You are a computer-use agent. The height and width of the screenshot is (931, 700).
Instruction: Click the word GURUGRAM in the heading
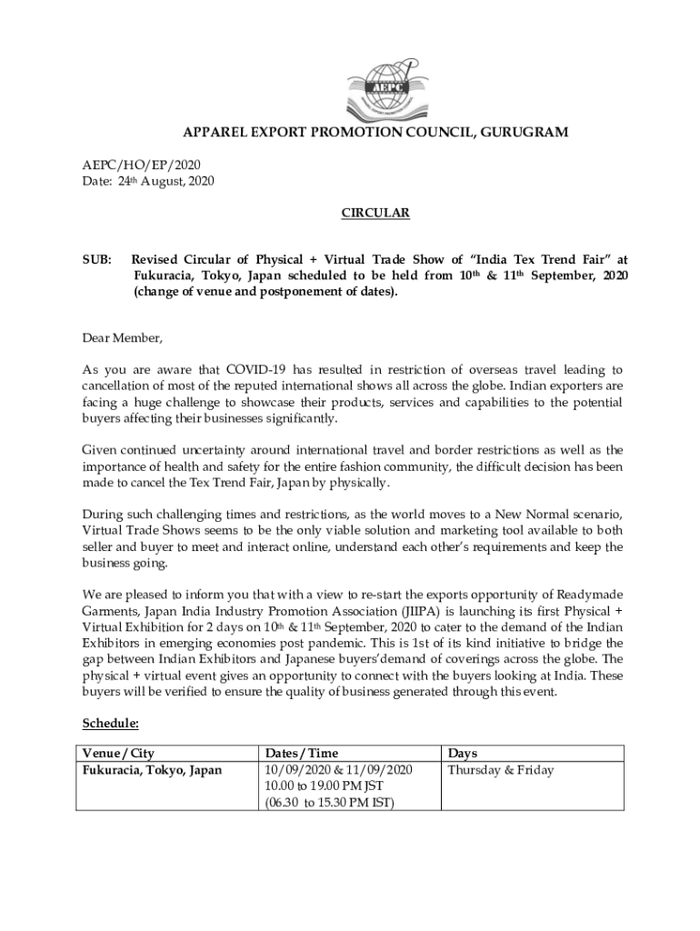pos(525,133)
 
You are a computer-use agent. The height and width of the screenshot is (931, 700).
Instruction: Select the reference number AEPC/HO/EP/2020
pos(135,165)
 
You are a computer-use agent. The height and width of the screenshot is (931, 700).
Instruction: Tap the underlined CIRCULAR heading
pos(375,214)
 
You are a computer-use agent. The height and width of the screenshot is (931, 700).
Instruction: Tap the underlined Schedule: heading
pos(110,724)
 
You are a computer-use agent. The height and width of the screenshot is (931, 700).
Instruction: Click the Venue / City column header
pos(118,754)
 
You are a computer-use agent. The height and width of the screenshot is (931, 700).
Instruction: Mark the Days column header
pos(463,754)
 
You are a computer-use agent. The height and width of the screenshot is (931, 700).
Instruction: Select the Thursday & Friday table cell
pos(500,770)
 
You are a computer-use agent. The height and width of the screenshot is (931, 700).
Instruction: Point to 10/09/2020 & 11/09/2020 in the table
pos(338,770)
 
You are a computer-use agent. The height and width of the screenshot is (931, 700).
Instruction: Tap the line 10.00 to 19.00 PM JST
pos(324,786)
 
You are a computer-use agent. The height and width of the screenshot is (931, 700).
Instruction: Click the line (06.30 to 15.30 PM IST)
pos(329,803)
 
